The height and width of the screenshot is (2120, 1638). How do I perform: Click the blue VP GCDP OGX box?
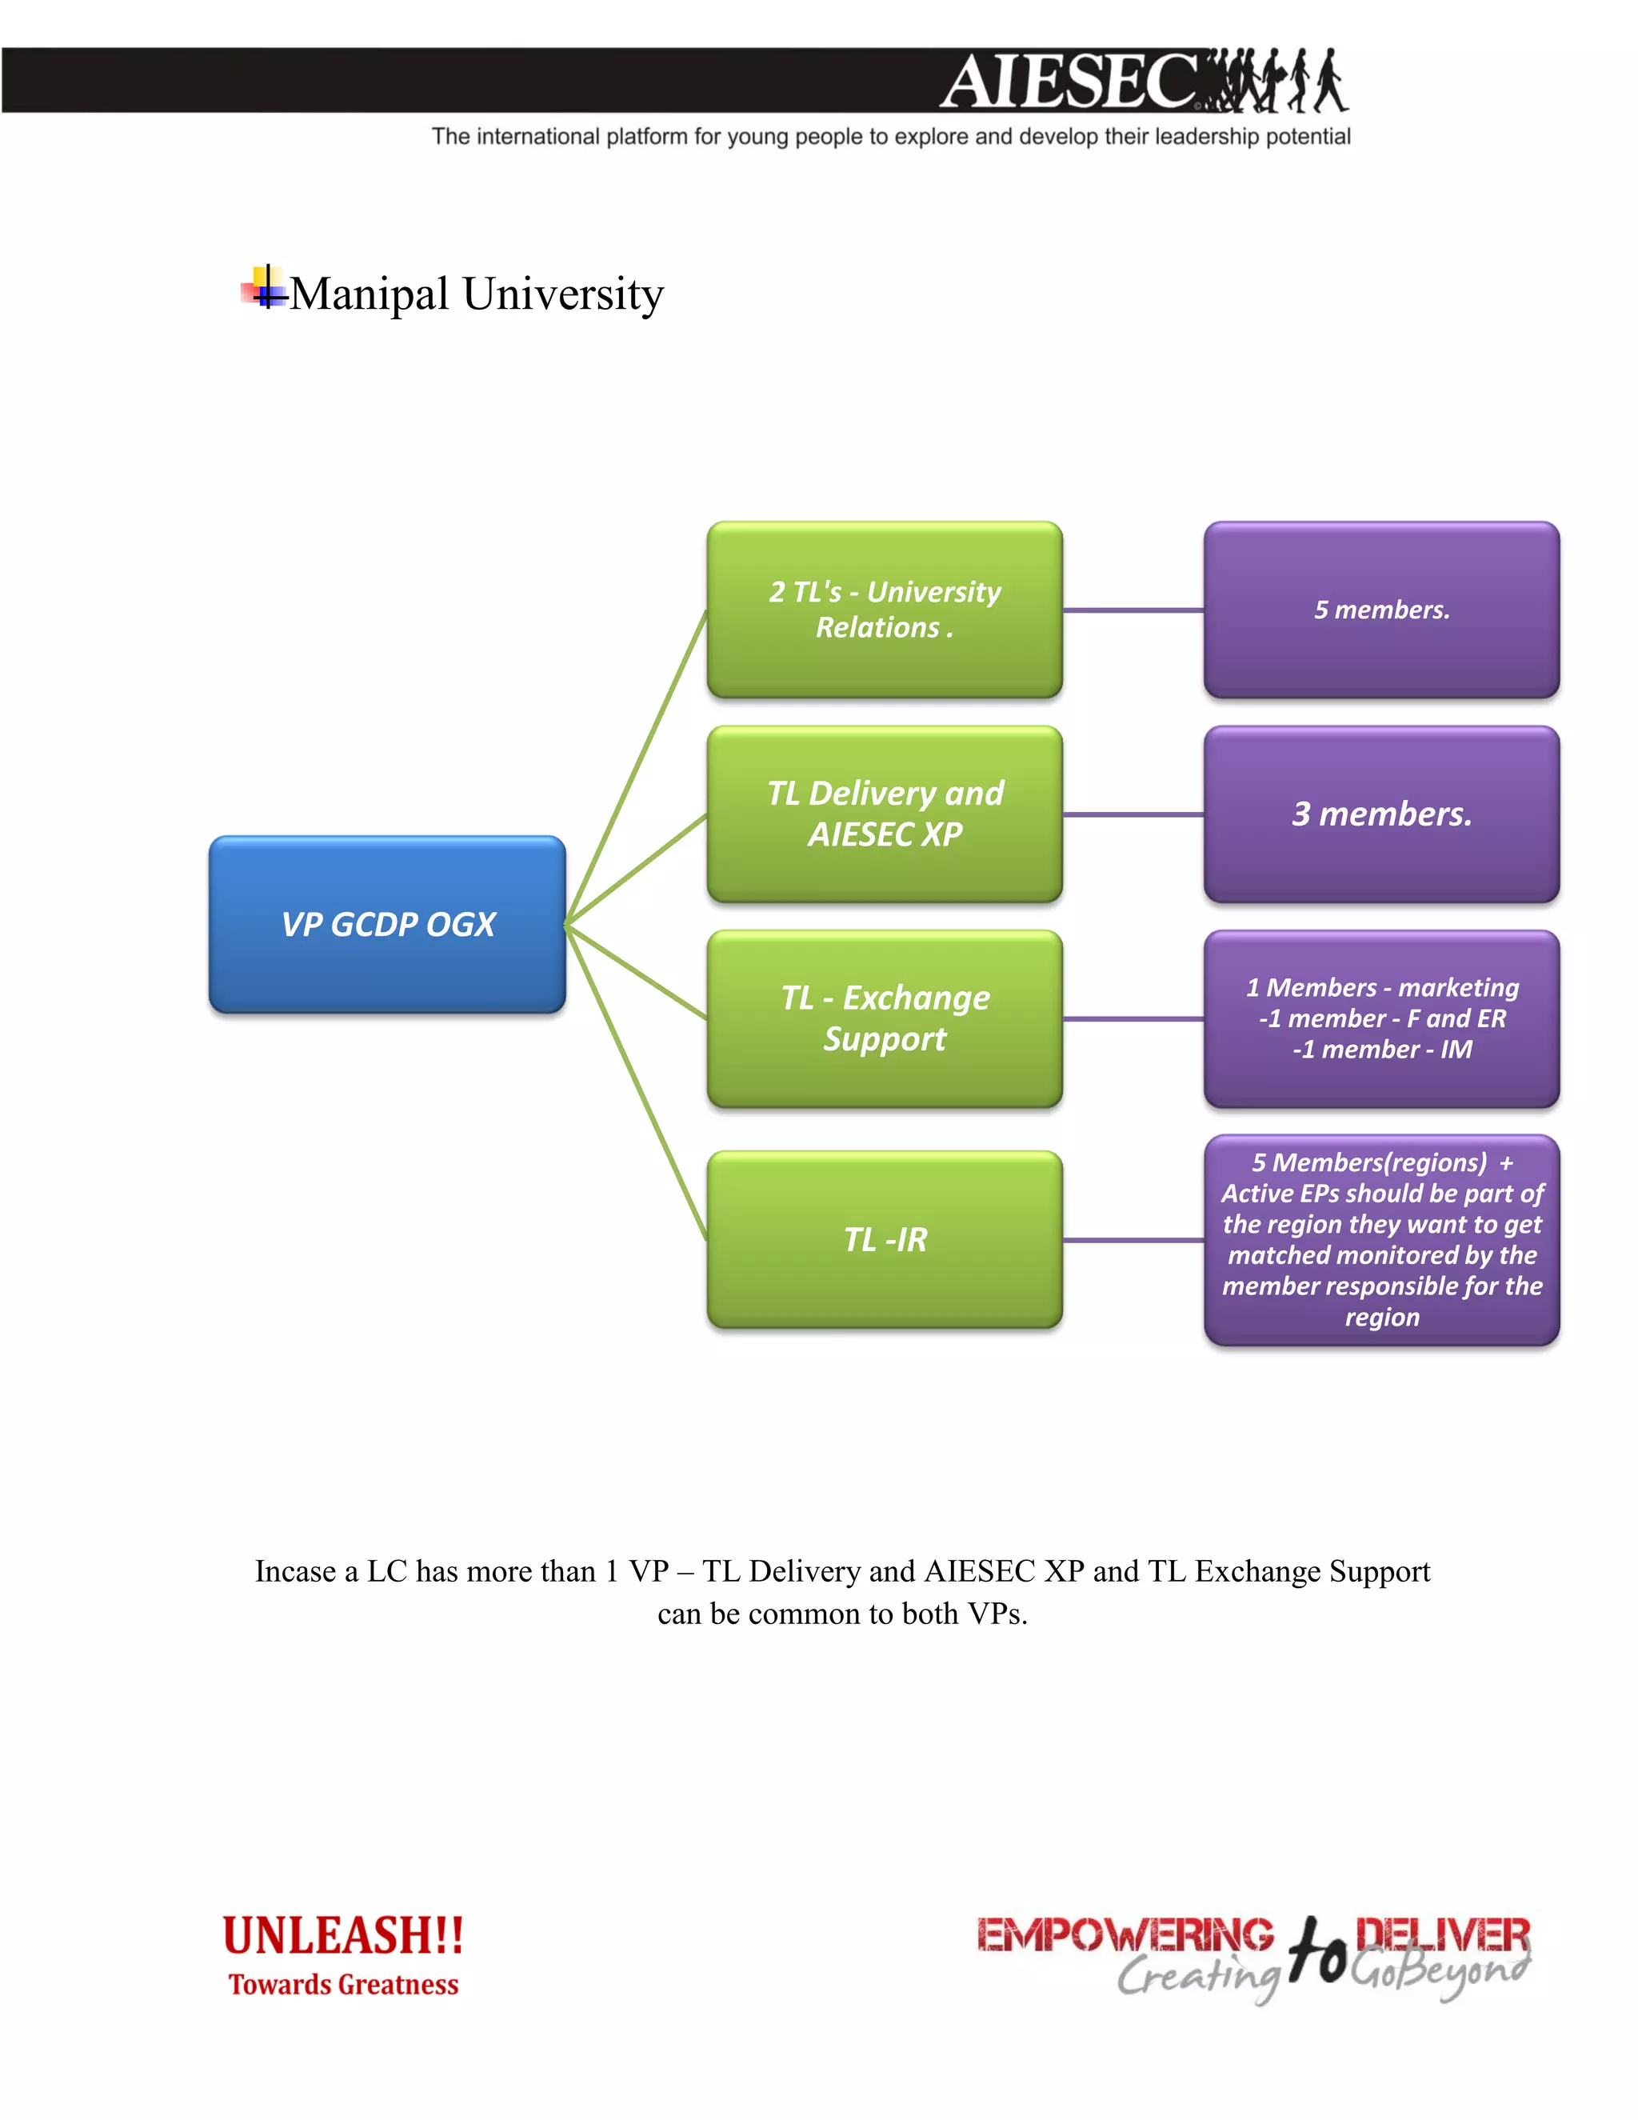[x=387, y=924]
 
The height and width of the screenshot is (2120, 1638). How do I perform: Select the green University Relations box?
[x=884, y=610]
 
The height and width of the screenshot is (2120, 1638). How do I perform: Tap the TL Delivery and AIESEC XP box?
[x=884, y=814]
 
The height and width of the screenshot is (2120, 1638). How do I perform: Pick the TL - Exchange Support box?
[x=884, y=1018]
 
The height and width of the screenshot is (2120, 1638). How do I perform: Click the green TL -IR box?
[x=884, y=1239]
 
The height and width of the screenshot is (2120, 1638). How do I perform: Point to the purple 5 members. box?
[x=1380, y=610]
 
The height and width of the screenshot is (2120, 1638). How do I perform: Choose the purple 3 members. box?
[x=1380, y=814]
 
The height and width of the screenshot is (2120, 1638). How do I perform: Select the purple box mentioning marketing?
[x=1380, y=1018]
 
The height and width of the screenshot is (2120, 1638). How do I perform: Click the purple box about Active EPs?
[x=1380, y=1239]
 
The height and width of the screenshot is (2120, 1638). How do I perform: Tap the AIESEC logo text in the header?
[x=1068, y=82]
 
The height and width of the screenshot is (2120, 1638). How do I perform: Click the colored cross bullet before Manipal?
[x=264, y=288]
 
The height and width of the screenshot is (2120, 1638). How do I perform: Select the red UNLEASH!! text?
[x=342, y=1934]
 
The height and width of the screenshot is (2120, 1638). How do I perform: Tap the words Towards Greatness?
[x=342, y=1985]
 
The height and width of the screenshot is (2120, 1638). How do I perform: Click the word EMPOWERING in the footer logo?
[x=1124, y=1934]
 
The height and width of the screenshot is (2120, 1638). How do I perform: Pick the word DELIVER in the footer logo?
[x=1442, y=1934]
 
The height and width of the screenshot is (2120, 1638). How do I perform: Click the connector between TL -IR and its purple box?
[x=1133, y=1239]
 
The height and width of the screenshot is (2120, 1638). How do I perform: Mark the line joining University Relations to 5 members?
[x=1133, y=610]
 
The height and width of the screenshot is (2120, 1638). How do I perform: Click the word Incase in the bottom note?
[x=296, y=1571]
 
